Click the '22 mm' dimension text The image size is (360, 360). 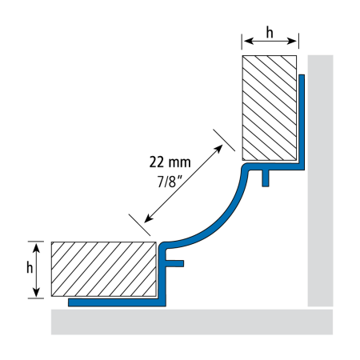[170, 162]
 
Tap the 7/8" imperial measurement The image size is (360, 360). [170, 182]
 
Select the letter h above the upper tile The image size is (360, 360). [270, 33]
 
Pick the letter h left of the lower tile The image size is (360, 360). [30, 267]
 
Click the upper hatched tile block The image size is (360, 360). [270, 108]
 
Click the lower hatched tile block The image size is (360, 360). [104, 269]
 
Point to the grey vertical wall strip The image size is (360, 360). [320, 181]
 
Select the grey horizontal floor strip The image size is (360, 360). [192, 322]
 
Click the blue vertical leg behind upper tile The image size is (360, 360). [302, 122]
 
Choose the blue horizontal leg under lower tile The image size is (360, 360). [117, 302]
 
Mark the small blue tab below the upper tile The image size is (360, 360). [266, 178]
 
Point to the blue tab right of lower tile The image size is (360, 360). [174, 263]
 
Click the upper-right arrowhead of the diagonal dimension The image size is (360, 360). [219, 148]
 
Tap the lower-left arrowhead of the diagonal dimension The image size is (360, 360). [148, 218]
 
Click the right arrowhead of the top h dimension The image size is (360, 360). [292, 41]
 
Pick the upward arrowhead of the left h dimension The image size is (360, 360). [36, 248]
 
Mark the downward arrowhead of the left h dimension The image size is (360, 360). [36, 292]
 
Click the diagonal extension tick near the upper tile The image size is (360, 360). [224, 140]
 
